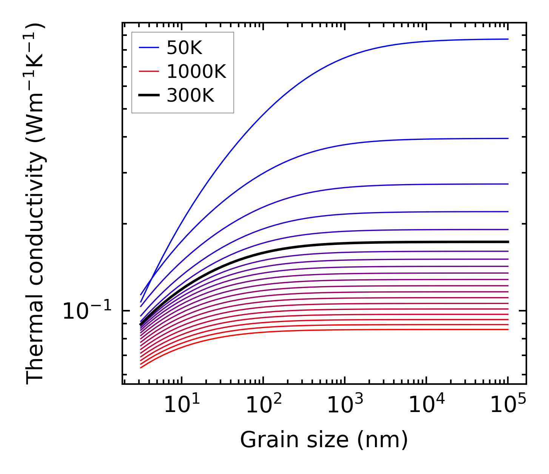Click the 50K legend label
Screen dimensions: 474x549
[x=184, y=48]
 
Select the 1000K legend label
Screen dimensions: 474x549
[x=196, y=72]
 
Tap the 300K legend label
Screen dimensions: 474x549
[x=190, y=96]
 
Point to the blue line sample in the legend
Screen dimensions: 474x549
[x=149, y=48]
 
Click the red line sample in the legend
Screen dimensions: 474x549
[x=149, y=71]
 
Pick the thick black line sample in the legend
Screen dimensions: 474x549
[x=149, y=95]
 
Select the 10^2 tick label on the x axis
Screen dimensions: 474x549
[x=263, y=404]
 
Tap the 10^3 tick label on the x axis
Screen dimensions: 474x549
[x=345, y=404]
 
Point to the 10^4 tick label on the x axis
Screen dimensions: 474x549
[x=427, y=404]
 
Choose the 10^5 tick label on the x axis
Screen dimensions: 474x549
[x=508, y=404]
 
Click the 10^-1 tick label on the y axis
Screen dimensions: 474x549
[x=87, y=311]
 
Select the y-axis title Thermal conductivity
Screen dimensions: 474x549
[x=36, y=204]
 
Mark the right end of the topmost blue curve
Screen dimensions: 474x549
[x=508, y=39]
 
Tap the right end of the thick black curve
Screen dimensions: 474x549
[x=508, y=242]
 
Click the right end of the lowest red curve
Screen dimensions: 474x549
[x=508, y=330]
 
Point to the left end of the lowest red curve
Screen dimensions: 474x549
[x=141, y=367]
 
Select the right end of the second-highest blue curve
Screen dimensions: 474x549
[x=508, y=138]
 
